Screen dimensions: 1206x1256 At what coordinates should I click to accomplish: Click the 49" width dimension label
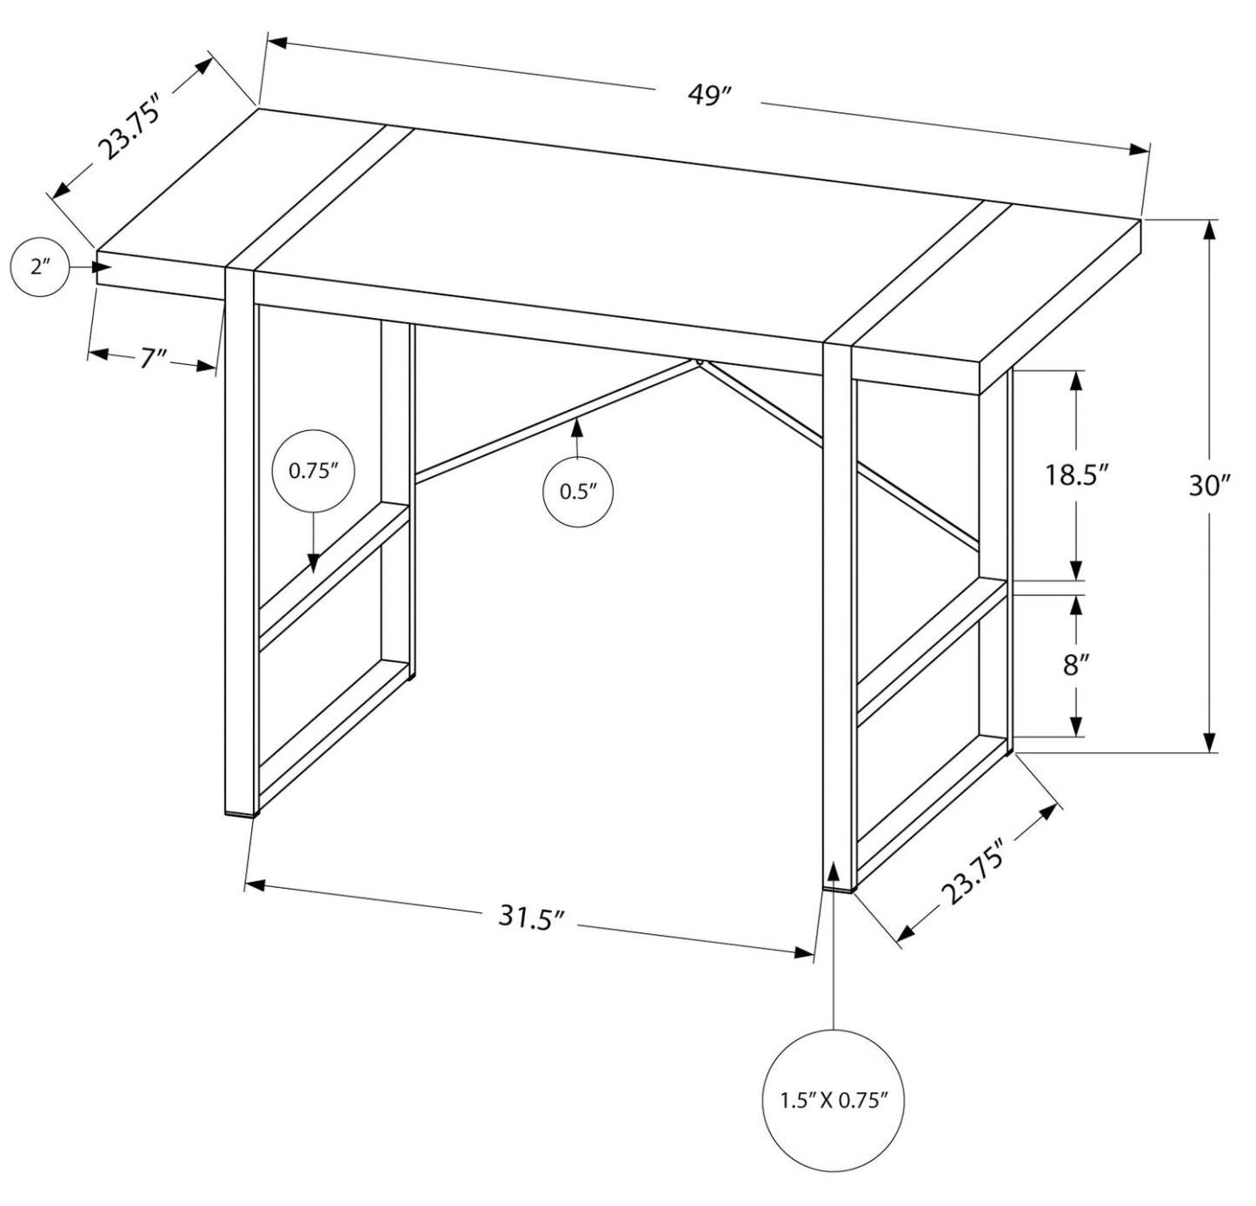click(x=706, y=94)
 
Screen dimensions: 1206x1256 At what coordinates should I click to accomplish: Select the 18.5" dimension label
click(x=1077, y=475)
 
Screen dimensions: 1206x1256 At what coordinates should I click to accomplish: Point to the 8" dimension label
click(x=1076, y=666)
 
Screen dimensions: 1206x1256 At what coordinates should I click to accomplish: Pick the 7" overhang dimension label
click(x=152, y=357)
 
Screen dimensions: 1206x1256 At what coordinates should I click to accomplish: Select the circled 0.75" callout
click(x=313, y=471)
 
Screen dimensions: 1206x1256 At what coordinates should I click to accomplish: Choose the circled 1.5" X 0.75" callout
click(x=834, y=1101)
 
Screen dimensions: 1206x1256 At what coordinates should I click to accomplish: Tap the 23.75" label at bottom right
click(x=974, y=871)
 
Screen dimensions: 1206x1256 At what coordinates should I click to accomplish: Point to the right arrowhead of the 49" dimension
click(x=1140, y=149)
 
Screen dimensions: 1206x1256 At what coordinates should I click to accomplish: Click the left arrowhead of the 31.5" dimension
click(x=255, y=885)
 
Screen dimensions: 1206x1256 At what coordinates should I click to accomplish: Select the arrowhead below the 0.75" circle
click(x=313, y=562)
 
